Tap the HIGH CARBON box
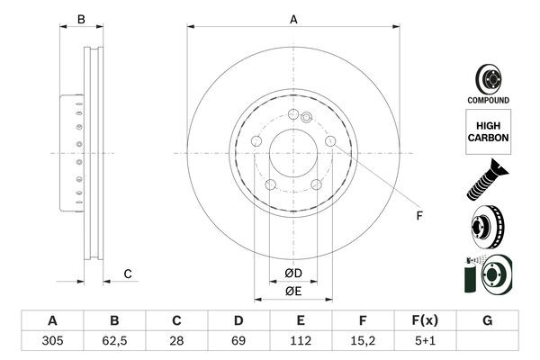[488, 131]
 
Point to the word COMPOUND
[488, 100]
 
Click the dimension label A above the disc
[293, 19]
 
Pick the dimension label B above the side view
[80, 19]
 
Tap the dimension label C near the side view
[128, 274]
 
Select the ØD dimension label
[293, 274]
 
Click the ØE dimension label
[293, 291]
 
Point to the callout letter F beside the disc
[418, 216]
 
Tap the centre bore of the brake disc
[293, 154]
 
